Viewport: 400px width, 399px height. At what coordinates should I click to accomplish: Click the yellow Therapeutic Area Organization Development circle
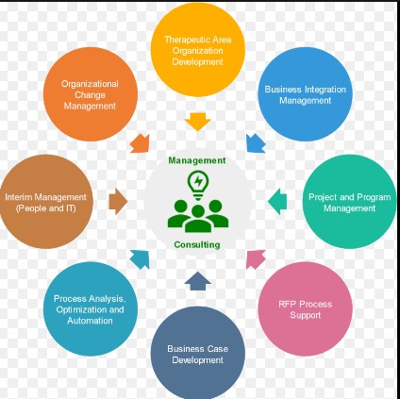(198, 50)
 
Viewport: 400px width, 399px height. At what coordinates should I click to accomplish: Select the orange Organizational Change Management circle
(91, 94)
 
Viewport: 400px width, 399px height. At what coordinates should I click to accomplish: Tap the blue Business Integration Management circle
(306, 94)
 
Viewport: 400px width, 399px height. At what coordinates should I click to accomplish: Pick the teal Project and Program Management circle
(350, 202)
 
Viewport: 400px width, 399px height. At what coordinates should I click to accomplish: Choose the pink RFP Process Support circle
(306, 309)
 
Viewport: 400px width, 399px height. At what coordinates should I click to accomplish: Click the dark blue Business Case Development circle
(198, 353)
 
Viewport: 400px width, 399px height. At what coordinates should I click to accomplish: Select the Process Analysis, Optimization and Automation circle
(91, 309)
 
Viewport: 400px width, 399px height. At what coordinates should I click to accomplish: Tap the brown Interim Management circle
(46, 202)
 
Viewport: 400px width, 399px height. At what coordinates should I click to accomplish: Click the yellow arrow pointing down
(198, 122)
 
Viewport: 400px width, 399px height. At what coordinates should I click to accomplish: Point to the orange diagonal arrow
(141, 143)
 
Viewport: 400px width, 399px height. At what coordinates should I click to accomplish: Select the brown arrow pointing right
(118, 202)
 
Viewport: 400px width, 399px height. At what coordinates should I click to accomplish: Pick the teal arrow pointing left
(277, 202)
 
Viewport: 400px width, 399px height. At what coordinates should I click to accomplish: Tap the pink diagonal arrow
(256, 259)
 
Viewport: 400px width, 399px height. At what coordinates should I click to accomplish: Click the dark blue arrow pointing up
(198, 281)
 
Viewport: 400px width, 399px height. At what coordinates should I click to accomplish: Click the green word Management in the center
(197, 160)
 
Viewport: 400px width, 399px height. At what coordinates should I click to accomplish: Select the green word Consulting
(197, 244)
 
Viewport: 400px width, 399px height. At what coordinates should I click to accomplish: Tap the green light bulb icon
(198, 185)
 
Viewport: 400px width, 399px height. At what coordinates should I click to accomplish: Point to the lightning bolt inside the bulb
(198, 181)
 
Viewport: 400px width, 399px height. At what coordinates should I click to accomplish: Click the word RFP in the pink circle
(286, 304)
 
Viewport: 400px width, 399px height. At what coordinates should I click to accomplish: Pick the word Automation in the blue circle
(90, 321)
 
